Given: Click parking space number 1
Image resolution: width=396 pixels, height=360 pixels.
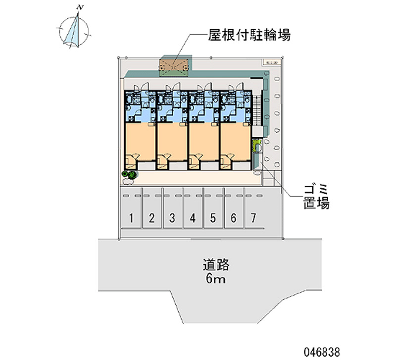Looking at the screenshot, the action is (x=132, y=217).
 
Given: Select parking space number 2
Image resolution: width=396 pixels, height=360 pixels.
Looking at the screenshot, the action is (x=152, y=217).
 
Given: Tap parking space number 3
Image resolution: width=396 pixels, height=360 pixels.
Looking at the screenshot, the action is (x=172, y=217).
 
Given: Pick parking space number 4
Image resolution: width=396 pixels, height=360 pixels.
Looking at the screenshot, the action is (x=193, y=217).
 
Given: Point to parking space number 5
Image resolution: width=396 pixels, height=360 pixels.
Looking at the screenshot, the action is (x=212, y=217).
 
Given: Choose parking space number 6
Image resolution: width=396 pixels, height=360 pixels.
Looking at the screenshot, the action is (x=233, y=217).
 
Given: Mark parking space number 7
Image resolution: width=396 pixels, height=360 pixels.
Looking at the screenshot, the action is (x=253, y=217).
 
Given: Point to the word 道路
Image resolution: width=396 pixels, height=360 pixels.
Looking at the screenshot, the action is (x=215, y=265).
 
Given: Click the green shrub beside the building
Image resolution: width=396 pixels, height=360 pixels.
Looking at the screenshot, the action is (x=130, y=174).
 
